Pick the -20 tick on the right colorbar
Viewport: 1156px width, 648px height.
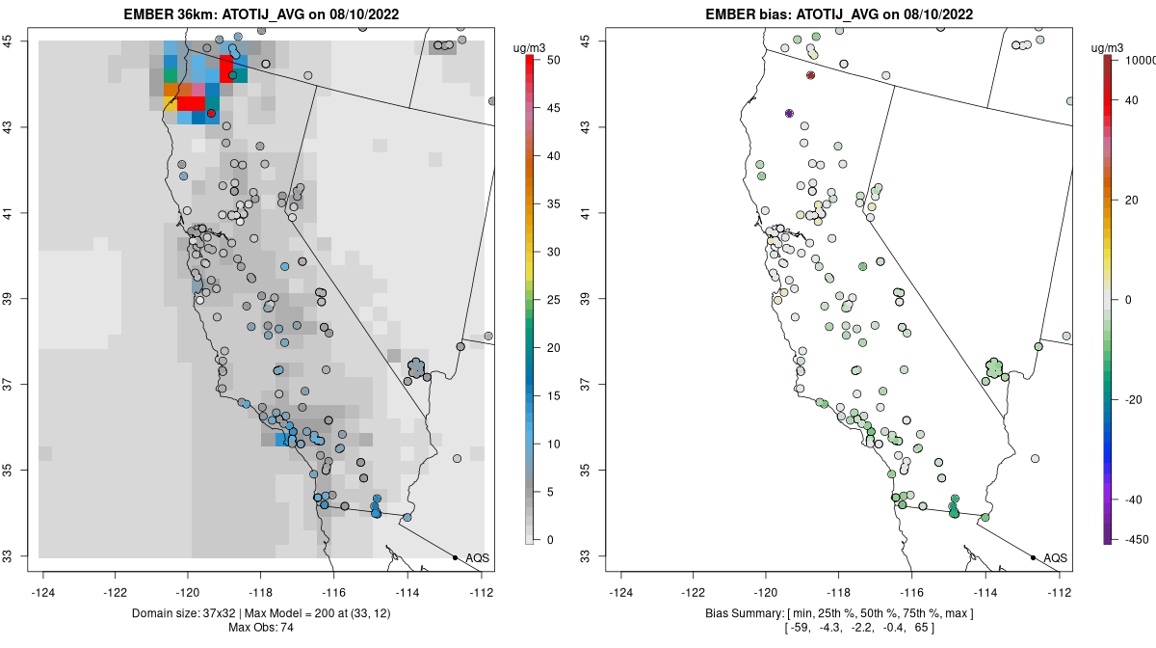[1136, 399]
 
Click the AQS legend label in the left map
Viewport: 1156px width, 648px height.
[478, 558]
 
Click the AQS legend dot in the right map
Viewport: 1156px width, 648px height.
[1033, 558]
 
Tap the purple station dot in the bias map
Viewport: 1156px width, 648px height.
[789, 114]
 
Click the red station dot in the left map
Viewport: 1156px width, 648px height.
[211, 114]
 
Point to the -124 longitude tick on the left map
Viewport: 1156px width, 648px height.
[43, 592]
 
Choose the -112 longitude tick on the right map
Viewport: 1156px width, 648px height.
[1060, 592]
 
